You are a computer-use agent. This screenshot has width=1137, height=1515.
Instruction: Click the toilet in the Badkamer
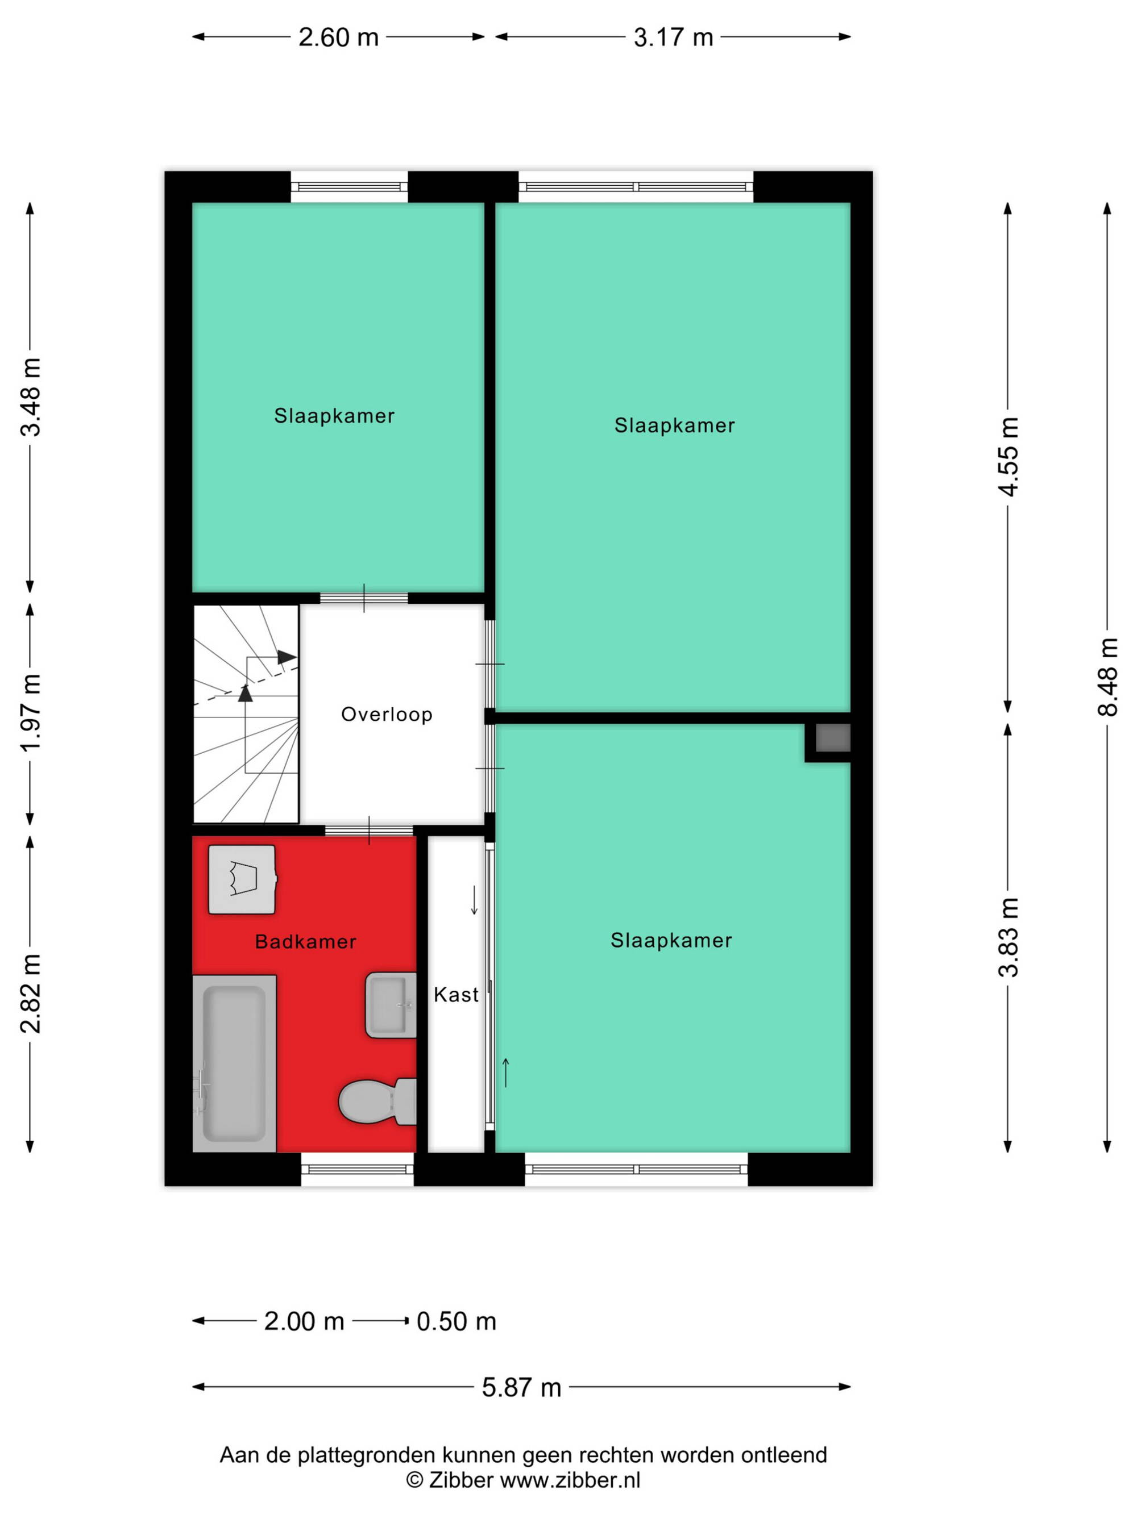pos(377,1101)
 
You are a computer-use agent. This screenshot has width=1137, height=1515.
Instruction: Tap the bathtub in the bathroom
pos(234,1063)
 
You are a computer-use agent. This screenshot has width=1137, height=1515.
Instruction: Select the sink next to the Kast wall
pos(391,1005)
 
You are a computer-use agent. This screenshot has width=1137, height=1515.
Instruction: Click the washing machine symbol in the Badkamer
pos(242,879)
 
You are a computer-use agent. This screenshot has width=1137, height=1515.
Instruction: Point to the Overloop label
pos(387,715)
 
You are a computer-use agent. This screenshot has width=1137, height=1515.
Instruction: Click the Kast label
pos(456,995)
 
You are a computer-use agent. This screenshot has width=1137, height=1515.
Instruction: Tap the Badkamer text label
pos(306,942)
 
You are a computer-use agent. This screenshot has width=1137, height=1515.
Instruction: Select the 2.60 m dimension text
pos(339,37)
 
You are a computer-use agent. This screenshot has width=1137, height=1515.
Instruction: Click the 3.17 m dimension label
pos(673,37)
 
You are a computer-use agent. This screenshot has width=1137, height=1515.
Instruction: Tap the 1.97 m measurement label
pos(31,713)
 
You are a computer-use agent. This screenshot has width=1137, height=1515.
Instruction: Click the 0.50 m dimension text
pos(457,1321)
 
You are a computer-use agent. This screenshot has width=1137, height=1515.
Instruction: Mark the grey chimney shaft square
pos(833,738)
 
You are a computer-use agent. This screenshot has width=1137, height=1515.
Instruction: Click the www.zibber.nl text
pos(570,1480)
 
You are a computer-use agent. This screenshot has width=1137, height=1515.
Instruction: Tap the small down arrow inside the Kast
pos(474,900)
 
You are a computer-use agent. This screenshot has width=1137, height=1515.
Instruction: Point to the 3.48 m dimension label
pos(31,397)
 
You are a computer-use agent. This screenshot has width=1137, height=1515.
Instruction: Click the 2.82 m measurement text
pos(31,993)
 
